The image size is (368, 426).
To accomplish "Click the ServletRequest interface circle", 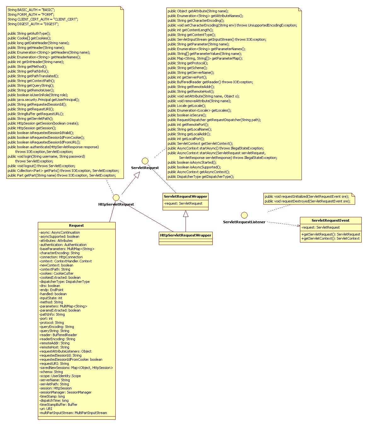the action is [145, 161].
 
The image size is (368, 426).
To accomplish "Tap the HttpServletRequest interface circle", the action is [116, 197].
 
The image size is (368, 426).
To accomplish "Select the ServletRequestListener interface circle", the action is [244, 215].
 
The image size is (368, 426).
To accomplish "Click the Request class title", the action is [76, 225].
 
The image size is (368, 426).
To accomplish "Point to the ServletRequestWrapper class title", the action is [185, 196].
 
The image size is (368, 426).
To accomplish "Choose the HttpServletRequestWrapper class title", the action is [186, 235].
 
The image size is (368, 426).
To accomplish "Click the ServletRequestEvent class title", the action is [331, 220].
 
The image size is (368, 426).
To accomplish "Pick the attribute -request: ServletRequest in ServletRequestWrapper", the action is [183, 203].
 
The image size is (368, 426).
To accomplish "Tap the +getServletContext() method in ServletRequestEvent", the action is [330, 238].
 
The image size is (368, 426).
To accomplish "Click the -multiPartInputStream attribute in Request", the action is [73, 413].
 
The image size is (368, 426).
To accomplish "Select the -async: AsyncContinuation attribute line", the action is [60, 232].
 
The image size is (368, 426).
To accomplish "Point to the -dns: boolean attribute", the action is [50, 286].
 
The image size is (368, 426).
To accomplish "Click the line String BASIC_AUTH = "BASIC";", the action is [31, 10].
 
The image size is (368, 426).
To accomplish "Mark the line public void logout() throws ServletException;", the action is [41, 166].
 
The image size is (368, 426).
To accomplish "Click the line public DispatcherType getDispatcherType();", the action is [201, 177].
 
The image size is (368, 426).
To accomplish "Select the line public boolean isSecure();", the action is [187, 115].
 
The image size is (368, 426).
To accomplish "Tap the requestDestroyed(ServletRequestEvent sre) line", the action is [308, 201].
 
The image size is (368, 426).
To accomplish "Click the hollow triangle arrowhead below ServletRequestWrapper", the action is [186, 213].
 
